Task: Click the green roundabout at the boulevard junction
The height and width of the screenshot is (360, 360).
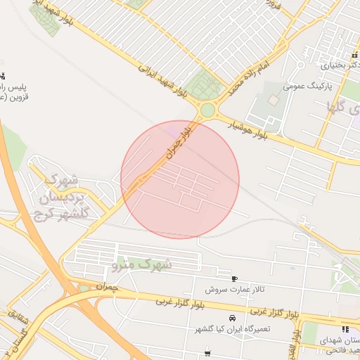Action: click(207, 110)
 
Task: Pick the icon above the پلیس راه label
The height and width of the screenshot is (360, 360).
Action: click(3, 76)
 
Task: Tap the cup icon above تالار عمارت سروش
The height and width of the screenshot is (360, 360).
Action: click(234, 278)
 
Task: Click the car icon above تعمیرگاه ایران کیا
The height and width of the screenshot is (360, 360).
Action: click(233, 318)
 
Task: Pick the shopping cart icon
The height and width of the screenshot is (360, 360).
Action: click(207, 353)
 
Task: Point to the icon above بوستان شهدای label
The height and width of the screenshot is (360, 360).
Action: click(345, 328)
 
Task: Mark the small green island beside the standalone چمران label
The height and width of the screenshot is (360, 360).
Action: click(84, 288)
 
